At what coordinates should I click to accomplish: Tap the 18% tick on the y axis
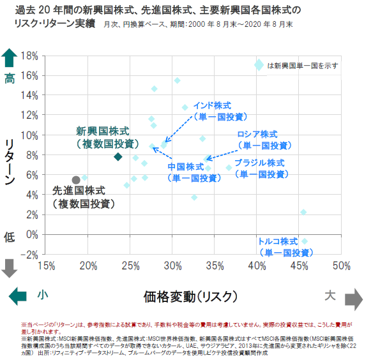pos(30,56)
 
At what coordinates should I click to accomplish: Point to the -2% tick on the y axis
pos(30,254)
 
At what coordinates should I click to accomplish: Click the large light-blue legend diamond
pos(259,64)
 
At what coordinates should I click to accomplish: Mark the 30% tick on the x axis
pos(172,265)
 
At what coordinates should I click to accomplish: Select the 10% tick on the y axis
pos(30,135)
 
